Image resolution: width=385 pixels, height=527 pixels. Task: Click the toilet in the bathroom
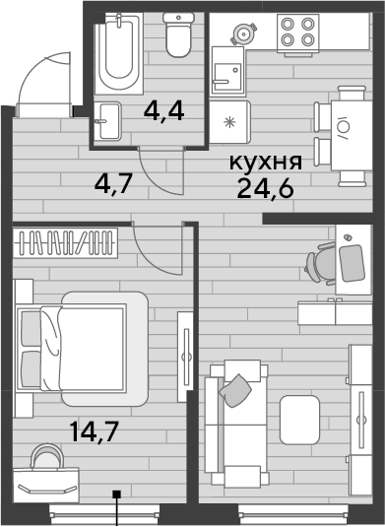pos(178,34)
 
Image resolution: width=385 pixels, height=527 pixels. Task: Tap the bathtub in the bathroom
pos(119,53)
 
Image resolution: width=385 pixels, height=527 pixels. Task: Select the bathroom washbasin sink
pos(107,121)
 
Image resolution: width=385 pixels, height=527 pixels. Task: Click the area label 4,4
pos(163,111)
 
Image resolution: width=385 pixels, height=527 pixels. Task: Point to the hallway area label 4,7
pos(114,184)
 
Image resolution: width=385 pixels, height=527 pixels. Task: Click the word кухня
pos(266,163)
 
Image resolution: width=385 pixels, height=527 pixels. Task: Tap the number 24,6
pos(266,188)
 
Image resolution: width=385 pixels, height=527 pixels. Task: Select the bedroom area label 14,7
pos(95,432)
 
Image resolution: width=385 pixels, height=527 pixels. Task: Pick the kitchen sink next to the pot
pos(227,71)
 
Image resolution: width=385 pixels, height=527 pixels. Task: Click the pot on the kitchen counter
pos(244,33)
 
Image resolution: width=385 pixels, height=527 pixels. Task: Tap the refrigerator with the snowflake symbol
pos(229,122)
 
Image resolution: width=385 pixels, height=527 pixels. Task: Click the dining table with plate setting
pos(352,136)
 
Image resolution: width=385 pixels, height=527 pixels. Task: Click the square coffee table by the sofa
pos(299,420)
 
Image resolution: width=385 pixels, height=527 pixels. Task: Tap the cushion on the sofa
pos(235,390)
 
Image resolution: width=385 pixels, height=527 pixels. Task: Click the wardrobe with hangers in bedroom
pos(66,243)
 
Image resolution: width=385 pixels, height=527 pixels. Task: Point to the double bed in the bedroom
pos(82,348)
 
